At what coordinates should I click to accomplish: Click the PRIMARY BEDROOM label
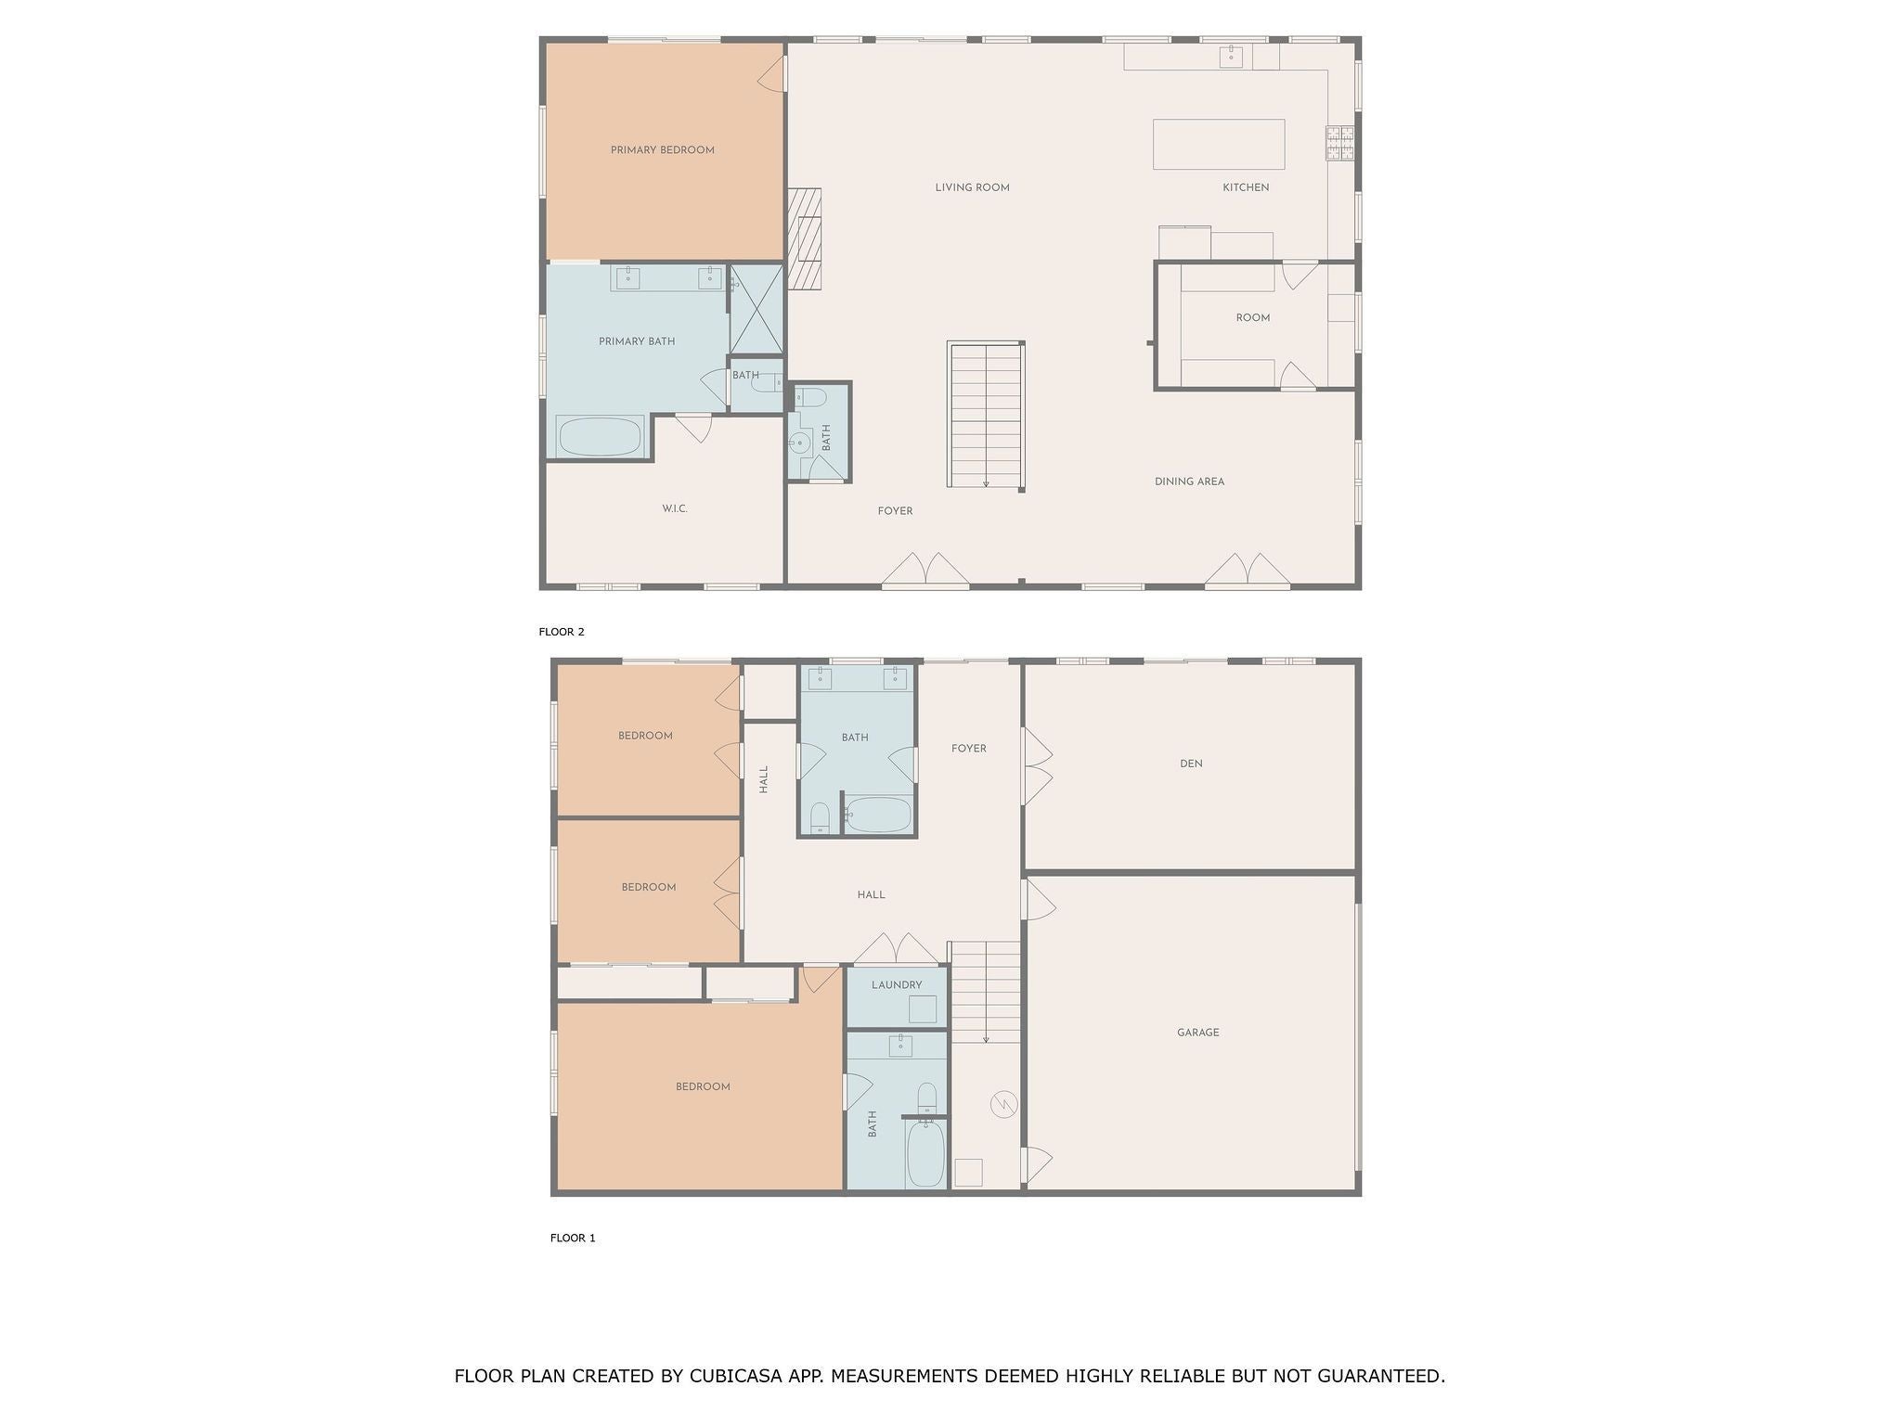pos(662,150)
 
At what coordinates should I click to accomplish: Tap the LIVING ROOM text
pos(972,187)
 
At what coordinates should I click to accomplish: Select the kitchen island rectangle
pos(1218,144)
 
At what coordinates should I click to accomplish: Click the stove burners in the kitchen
pos(1339,143)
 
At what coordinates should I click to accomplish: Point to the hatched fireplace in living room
pos(804,238)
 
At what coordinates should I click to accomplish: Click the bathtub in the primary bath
pos(599,436)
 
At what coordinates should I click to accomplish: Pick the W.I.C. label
pos(675,508)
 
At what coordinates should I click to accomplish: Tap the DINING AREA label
pos(1189,481)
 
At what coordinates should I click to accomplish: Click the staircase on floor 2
pos(985,414)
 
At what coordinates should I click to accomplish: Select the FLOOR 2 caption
pos(562,632)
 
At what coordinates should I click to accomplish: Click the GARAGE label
pos(1197,1033)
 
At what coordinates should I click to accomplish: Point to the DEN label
pos(1191,764)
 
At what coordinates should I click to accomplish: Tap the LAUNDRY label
pos(897,985)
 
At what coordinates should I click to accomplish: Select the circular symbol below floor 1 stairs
pos(1004,1104)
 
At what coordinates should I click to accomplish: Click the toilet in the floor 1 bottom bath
pos(926,1098)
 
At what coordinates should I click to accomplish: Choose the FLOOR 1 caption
pos(573,1238)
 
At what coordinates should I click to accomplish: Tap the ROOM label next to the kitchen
pos(1252,317)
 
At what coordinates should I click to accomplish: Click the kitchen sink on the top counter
pos(1231,57)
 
